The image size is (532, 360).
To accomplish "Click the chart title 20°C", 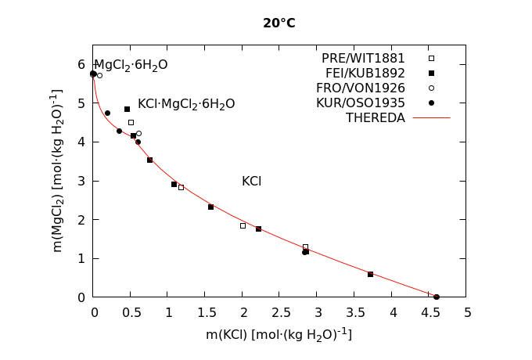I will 279,23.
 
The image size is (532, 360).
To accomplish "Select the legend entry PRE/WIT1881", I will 363,59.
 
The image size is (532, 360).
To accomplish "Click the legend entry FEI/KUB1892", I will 363,74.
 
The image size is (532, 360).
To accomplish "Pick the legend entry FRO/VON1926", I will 363,88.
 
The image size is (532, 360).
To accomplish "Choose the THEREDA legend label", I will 376,118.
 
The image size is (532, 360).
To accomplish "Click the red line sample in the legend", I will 431,118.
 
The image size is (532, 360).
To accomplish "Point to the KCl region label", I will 251,182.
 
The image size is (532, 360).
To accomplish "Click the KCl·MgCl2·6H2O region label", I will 186,104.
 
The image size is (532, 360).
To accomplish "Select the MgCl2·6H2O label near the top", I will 131,66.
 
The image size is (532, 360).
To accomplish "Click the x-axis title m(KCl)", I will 279,335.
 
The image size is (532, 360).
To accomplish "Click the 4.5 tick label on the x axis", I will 429,313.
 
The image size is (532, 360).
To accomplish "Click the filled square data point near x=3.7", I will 370,274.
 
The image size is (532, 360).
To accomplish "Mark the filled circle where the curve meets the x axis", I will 436,297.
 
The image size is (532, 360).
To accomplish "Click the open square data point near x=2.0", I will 243,225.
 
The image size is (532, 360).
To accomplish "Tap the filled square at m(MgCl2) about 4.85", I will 127,109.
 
